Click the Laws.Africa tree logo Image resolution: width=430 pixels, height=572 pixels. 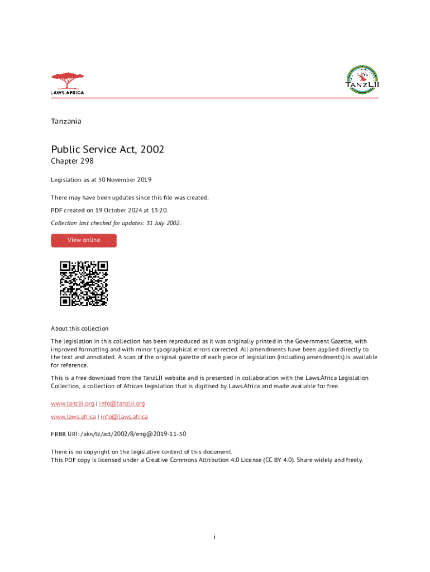point(67,83)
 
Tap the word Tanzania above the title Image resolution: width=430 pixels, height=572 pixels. point(66,121)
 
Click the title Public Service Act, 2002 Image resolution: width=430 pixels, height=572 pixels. point(107,149)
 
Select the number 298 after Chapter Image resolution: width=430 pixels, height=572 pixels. point(87,161)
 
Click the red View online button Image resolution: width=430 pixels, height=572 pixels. point(84,240)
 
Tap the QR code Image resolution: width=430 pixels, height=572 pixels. point(84,283)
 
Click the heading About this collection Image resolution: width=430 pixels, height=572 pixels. point(79,328)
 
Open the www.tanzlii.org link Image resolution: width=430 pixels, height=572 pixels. point(73,403)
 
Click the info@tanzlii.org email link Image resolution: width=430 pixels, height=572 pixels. point(122,403)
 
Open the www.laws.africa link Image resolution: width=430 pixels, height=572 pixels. point(73,417)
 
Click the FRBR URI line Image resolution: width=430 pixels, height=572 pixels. point(118,434)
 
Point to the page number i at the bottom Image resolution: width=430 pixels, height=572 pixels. point(214,537)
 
